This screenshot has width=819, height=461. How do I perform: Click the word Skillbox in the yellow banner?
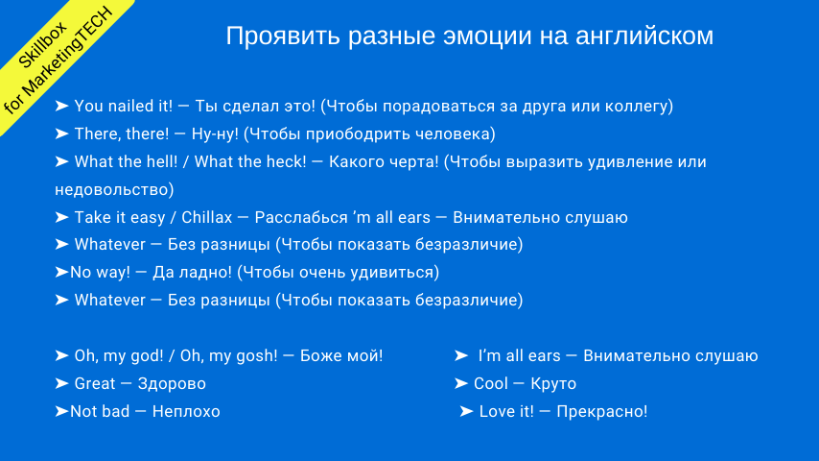tap(42, 45)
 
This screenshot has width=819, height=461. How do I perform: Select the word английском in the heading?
tap(644, 36)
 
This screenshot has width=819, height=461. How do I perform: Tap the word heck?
tap(286, 161)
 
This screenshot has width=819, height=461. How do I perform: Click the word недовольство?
tap(112, 189)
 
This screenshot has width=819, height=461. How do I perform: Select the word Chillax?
tap(207, 217)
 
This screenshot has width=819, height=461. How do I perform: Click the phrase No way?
tap(101, 272)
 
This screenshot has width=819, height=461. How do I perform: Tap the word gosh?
tap(257, 355)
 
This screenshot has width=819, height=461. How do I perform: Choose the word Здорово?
tap(172, 383)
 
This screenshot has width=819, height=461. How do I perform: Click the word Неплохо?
tap(186, 411)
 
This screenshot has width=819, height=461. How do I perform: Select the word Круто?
tap(553, 383)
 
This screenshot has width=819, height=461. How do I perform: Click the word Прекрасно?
tap(602, 411)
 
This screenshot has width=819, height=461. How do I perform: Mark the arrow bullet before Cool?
tap(461, 383)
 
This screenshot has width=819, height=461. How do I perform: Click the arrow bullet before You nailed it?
tap(61, 106)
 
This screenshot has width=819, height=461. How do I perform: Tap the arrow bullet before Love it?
tap(466, 411)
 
